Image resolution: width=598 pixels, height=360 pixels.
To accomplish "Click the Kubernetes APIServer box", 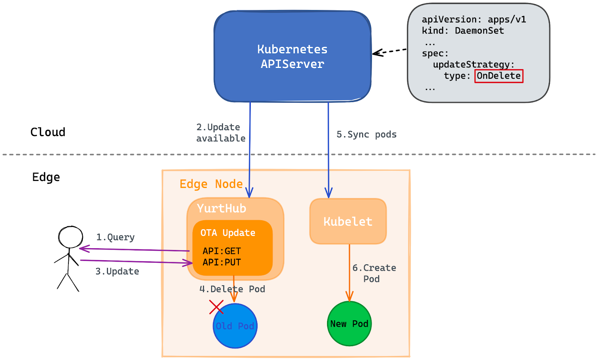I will pyautogui.click(x=292, y=56).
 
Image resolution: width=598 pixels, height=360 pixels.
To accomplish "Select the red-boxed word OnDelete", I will pyautogui.click(x=499, y=76).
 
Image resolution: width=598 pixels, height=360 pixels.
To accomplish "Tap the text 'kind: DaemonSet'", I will pyautogui.click(x=463, y=31).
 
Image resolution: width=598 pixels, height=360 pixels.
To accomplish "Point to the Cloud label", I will pyautogui.click(x=48, y=132).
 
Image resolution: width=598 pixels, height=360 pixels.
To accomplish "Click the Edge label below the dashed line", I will pyautogui.click(x=46, y=177).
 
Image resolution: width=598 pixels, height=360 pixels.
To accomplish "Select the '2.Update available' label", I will pyautogui.click(x=221, y=133).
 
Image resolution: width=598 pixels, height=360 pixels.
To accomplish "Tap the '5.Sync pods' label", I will pyautogui.click(x=366, y=135).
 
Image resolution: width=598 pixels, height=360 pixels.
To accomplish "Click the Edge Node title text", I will pyautogui.click(x=211, y=184).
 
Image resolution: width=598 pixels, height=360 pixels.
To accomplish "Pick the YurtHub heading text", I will pyautogui.click(x=222, y=208).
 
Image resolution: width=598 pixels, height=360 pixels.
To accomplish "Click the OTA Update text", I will pyautogui.click(x=228, y=233).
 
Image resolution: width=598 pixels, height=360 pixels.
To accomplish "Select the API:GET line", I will pyautogui.click(x=222, y=251).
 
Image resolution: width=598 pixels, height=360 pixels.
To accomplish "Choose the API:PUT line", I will pyautogui.click(x=222, y=262).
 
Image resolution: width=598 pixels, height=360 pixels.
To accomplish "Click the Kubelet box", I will pyautogui.click(x=348, y=221).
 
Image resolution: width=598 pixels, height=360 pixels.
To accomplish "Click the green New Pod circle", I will pyautogui.click(x=349, y=324).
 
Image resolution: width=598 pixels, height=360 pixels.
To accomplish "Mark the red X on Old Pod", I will pyautogui.click(x=216, y=307).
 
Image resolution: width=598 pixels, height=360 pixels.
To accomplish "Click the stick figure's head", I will pyautogui.click(x=70, y=237).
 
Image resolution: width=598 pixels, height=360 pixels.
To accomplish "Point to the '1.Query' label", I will pyautogui.click(x=115, y=237).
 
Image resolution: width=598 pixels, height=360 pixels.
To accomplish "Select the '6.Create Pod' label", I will pyautogui.click(x=374, y=273).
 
